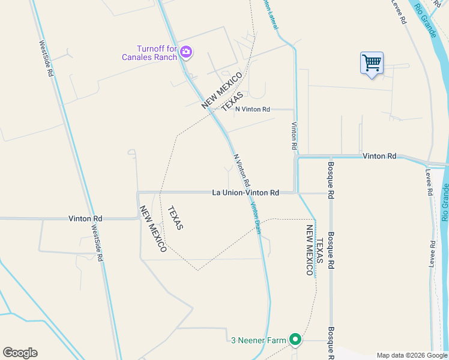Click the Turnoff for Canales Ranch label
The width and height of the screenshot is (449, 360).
157,53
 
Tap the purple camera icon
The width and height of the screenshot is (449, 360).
186,52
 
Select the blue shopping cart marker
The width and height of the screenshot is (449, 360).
372,62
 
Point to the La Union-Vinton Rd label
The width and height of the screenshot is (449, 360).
246,193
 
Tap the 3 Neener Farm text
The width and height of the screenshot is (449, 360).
259,340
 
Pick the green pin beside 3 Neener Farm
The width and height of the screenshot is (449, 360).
295,340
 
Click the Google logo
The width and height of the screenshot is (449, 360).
20,353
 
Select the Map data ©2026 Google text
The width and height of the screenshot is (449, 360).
412,355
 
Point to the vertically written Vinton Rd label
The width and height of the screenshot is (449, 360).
294,136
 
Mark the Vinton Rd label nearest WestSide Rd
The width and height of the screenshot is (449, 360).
85,218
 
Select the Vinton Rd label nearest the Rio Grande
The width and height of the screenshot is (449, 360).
379,156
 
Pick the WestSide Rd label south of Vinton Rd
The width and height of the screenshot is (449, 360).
97,242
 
